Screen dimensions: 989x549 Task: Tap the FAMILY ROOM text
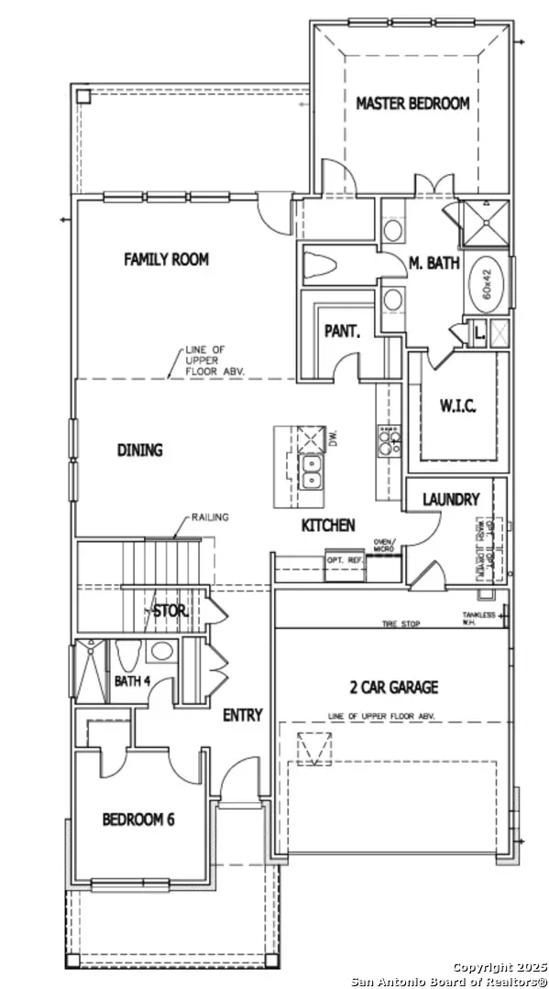166,260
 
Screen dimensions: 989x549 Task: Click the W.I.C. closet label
457,406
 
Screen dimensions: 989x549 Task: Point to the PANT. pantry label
342,332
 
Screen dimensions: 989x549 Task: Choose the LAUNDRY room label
450,500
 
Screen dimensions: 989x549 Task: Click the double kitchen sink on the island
313,473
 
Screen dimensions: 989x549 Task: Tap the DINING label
139,451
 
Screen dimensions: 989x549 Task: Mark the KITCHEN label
328,526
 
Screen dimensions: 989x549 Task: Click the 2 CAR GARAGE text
392,687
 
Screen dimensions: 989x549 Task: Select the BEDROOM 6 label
138,820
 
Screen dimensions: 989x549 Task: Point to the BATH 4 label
133,681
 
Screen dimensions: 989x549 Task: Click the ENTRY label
242,715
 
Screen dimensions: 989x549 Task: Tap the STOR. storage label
170,612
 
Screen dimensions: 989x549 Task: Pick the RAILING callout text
210,517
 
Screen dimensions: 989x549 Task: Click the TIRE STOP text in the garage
401,624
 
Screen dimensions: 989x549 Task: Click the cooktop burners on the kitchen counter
389,439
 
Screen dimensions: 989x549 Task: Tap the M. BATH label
434,264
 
